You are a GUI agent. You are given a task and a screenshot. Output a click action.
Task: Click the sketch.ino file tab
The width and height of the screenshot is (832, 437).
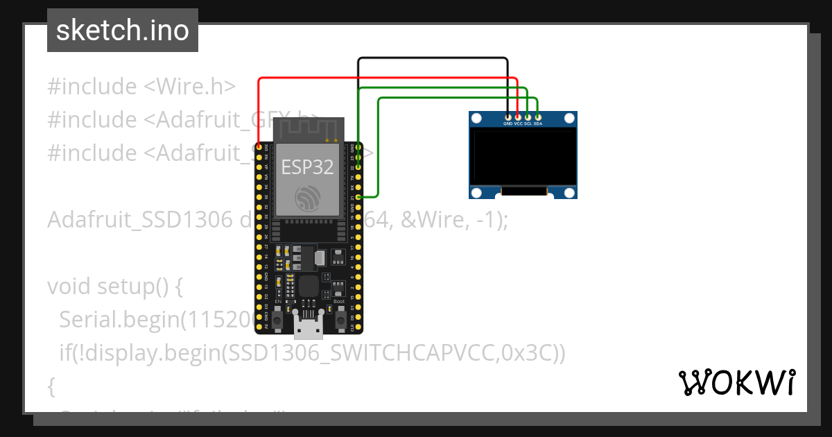pos(122,31)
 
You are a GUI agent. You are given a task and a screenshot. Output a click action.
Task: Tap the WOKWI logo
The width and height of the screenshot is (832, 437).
pos(736,382)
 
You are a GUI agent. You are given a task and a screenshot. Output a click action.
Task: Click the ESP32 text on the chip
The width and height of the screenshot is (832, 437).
pos(307,166)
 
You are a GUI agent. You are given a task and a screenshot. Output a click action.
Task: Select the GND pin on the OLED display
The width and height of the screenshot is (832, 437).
pos(508,117)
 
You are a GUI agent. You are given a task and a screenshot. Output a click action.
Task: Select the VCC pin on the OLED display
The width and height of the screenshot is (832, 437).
pos(518,117)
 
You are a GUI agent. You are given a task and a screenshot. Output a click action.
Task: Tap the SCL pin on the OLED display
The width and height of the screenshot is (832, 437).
pos(528,117)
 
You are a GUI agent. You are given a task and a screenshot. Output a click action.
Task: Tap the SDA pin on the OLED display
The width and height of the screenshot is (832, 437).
pos(537,117)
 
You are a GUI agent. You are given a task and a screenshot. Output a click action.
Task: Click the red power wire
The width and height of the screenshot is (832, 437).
pos(381,78)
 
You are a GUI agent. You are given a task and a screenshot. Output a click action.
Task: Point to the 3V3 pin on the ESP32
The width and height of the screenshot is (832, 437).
pos(259,147)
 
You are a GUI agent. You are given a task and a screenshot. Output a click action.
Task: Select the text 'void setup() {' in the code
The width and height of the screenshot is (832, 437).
pos(114,286)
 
